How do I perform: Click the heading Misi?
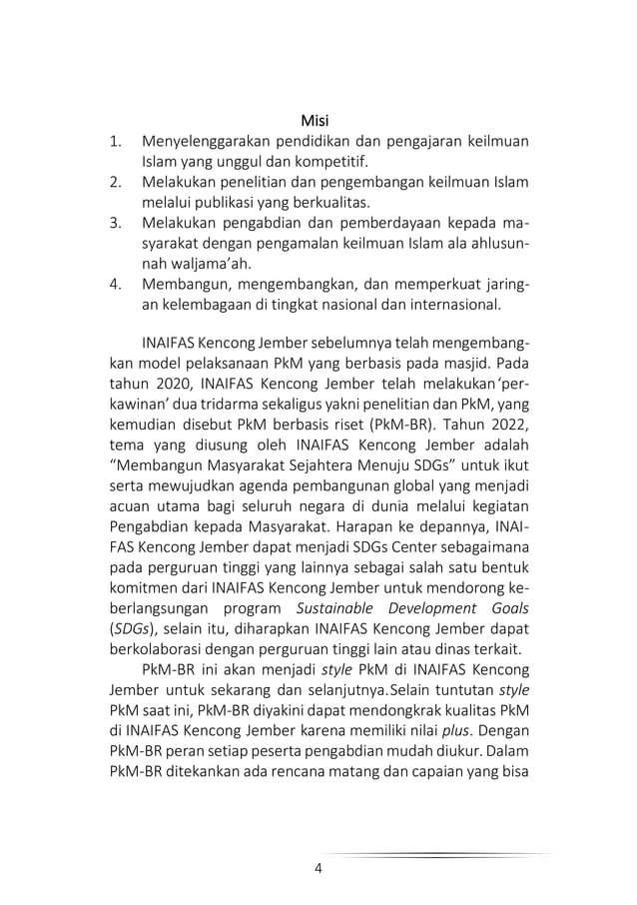point(317,122)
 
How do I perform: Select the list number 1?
point(116,141)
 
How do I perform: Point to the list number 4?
point(116,286)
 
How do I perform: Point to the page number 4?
point(318,867)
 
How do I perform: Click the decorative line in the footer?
point(439,855)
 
